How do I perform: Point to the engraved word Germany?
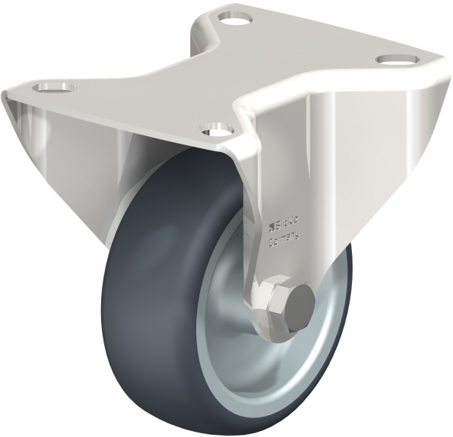click(x=285, y=239)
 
